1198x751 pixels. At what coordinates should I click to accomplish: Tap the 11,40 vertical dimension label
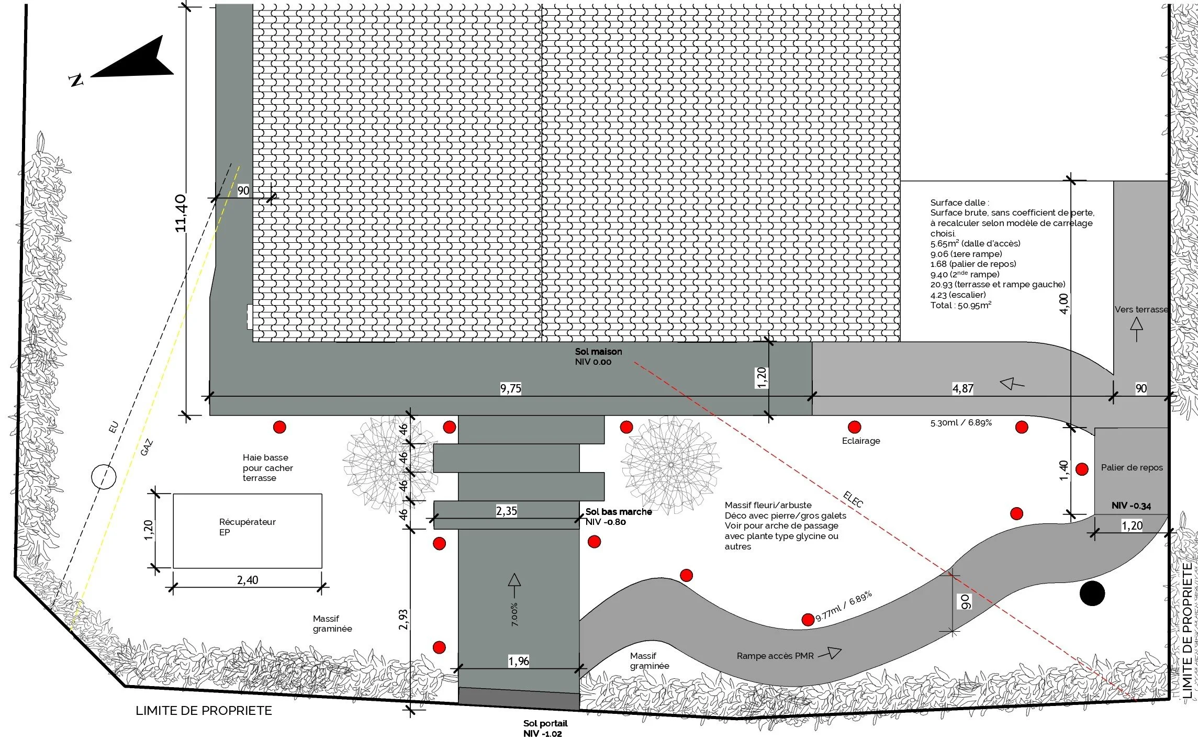point(181,213)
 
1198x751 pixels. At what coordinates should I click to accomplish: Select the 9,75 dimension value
point(510,388)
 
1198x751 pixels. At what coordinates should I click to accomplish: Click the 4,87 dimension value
point(962,388)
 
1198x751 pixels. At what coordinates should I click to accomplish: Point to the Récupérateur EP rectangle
point(247,531)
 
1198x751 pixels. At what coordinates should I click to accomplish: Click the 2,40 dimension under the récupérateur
point(248,580)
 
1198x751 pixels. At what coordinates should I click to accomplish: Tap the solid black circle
point(1092,593)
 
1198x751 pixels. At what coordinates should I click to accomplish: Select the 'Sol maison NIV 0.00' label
point(598,356)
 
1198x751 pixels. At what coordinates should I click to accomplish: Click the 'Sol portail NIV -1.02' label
point(545,728)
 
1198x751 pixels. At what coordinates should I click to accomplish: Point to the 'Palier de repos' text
point(1132,467)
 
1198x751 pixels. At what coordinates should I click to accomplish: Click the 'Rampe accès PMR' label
point(775,656)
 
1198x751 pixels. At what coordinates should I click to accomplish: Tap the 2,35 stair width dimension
point(506,511)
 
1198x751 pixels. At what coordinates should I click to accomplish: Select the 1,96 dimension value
point(518,661)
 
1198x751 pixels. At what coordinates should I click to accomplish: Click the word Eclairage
point(861,441)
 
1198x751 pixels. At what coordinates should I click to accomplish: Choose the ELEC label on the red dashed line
point(853,500)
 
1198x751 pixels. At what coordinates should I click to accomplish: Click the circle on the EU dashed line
point(104,477)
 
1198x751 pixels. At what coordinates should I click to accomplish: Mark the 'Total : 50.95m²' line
point(960,305)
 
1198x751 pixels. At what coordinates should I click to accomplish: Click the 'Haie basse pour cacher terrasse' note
point(267,467)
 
